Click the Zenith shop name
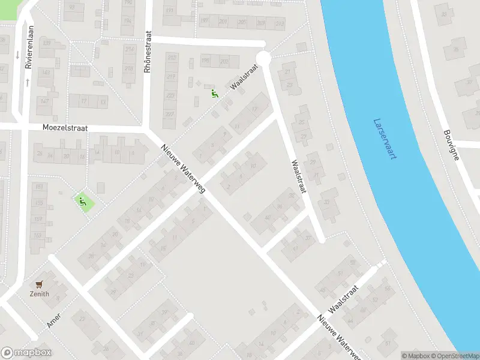tap(40, 294)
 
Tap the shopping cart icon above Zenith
tap(40, 284)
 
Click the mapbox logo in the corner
tap(26, 353)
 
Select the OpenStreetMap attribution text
tap(454, 356)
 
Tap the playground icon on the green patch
tap(82, 202)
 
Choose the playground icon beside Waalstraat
tap(214, 93)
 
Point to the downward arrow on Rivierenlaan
tap(18, 55)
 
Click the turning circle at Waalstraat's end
tap(263, 58)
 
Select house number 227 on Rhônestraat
tap(170, 114)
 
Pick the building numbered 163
tap(38, 235)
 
